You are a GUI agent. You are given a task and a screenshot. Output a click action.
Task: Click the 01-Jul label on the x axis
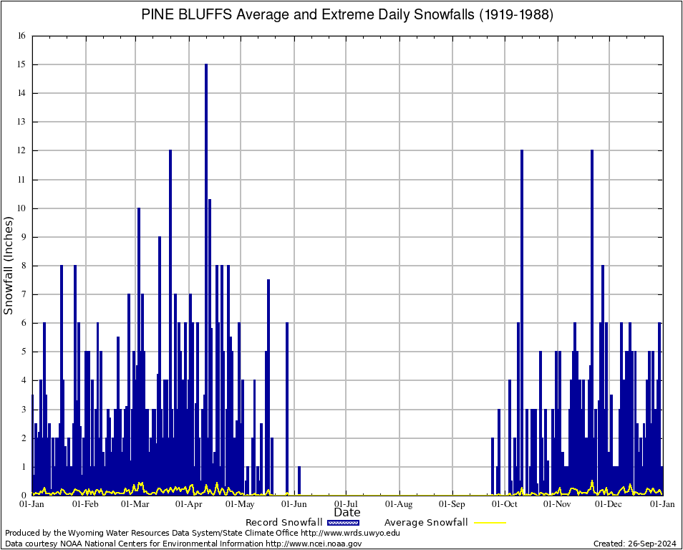tap(347, 504)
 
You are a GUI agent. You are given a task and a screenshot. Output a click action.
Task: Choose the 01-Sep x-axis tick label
tap(452, 504)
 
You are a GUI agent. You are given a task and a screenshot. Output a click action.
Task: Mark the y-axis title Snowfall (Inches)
tap(9, 266)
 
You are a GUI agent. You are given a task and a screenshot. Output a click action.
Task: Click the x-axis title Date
tap(347, 513)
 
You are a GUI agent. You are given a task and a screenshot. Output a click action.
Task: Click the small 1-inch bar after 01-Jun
tap(299, 480)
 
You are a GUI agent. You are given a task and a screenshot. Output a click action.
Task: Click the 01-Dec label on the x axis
tap(610, 504)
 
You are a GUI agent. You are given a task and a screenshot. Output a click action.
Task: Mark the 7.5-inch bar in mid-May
tap(268, 387)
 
